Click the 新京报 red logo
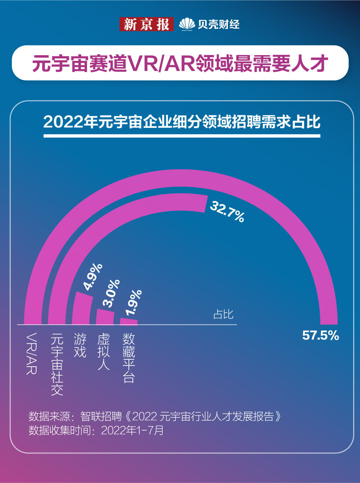tap(146, 24)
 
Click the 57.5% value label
tap(320, 336)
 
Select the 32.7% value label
tap(227, 212)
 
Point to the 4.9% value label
tap(93, 277)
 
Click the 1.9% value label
tap(133, 303)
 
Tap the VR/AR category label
tap(32, 354)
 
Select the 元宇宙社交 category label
tap(57, 365)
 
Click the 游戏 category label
tap(80, 345)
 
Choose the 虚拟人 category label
tap(104, 352)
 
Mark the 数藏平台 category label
tap(129, 358)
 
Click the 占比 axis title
tap(223, 314)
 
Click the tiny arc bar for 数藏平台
tap(129, 321)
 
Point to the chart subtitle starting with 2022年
tap(182, 122)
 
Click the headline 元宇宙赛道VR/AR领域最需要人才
tap(180, 63)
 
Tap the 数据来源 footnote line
tap(155, 417)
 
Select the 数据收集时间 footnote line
tap(96, 430)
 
